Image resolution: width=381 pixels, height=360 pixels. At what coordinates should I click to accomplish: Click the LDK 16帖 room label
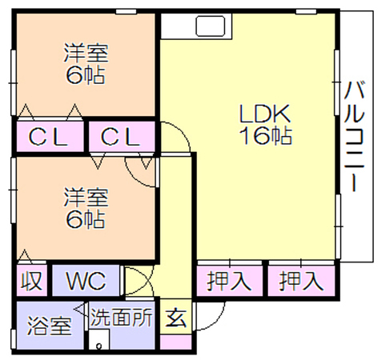pos(265,125)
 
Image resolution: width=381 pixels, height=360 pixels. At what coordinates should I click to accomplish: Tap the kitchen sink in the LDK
pos(211,26)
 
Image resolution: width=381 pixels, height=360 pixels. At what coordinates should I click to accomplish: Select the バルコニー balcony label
pos(354,137)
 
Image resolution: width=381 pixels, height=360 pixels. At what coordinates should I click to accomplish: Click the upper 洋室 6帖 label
pos(86,64)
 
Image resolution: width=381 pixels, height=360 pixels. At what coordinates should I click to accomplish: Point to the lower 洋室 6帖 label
pos(86,208)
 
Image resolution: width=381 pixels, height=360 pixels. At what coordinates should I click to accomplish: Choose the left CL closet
pos(50,137)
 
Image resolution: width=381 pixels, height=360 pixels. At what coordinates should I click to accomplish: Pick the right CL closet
pos(122,137)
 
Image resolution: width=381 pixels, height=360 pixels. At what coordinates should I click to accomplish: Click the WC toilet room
pos(86,280)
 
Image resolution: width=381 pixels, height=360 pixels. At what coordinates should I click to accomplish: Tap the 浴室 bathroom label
pos(50,326)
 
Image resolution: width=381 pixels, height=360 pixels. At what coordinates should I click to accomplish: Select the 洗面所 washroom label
pos(122,317)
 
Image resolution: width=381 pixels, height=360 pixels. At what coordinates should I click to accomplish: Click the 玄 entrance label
pos(176,318)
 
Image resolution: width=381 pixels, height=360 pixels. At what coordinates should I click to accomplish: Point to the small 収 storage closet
pos(31,280)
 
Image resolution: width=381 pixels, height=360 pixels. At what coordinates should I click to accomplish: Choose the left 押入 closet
pos(229,281)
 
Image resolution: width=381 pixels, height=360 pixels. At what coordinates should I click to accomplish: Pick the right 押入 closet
pos(301,281)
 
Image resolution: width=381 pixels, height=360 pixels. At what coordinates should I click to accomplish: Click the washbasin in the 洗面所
pos(99,339)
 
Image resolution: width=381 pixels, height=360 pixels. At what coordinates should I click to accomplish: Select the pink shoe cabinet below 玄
pos(176,342)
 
